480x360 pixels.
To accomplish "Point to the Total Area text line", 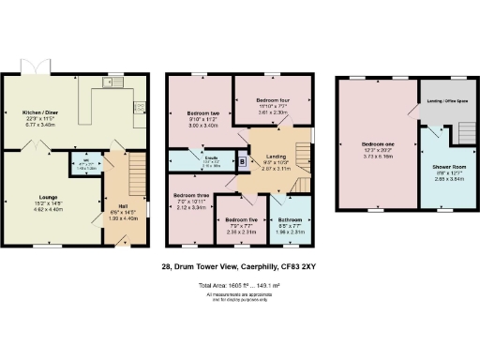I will pyautogui.click(x=239, y=285).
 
